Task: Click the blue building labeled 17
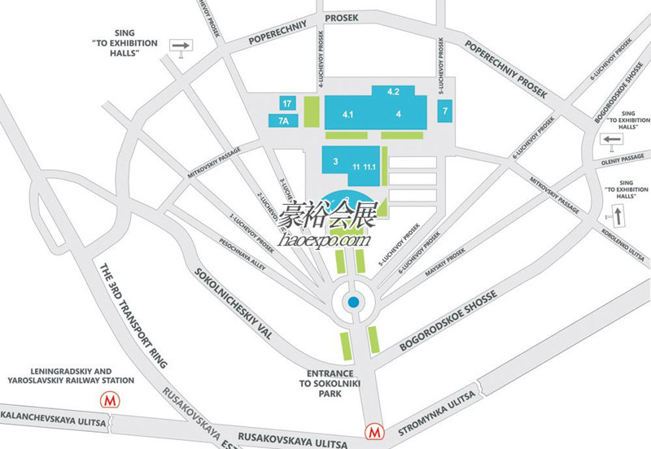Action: pos(286,103)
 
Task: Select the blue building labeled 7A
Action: pos(282,120)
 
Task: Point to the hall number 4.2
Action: pos(393,91)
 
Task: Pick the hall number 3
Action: pos(334,162)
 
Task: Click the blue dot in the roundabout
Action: pos(353,303)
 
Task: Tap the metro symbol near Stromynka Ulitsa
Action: pos(374,429)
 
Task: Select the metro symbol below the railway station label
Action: pos(107,400)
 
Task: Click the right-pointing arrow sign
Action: pos(181,46)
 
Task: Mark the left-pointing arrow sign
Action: pos(612,140)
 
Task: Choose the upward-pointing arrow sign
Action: pos(616,216)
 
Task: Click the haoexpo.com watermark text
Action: pos(324,240)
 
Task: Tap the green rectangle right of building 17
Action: pos(312,111)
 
